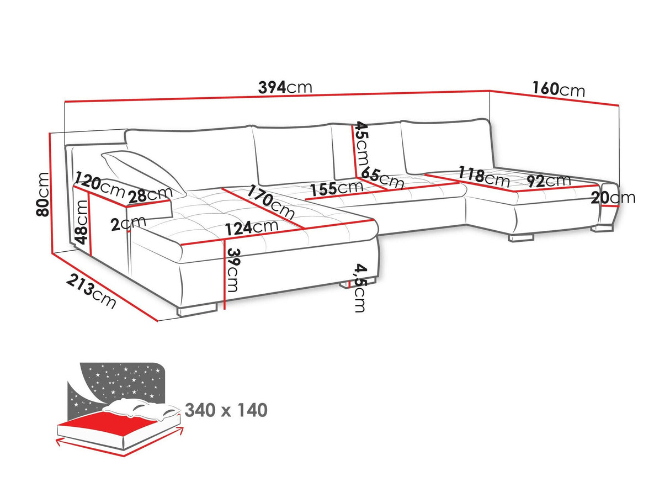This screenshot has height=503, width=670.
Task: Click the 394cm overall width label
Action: [285, 87]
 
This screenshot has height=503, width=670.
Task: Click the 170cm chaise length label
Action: [271, 203]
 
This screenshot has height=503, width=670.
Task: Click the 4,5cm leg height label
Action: [360, 288]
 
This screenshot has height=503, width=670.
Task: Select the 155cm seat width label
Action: [336, 188]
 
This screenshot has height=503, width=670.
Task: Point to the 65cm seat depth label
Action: [383, 179]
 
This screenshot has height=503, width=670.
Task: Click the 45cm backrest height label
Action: [362, 147]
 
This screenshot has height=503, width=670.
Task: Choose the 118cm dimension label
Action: [484, 176]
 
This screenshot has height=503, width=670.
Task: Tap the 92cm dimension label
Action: [548, 181]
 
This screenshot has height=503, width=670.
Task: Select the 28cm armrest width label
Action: [150, 195]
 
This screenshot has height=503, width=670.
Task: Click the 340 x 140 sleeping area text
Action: [226, 410]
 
